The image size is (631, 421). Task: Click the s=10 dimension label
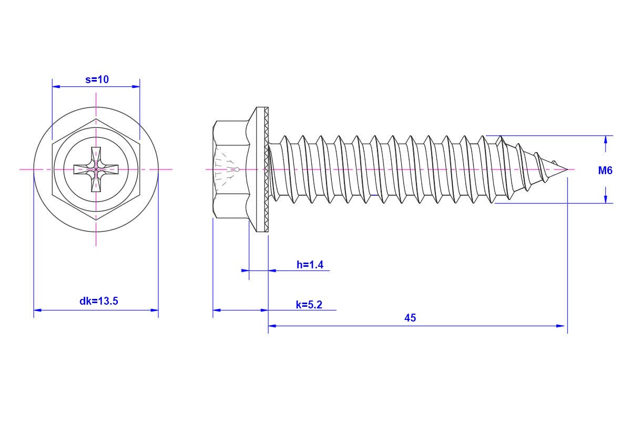tap(97, 79)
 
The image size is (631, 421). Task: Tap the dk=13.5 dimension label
tap(99, 301)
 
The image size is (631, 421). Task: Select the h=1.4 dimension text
tap(310, 265)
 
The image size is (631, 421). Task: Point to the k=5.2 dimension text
tap(309, 305)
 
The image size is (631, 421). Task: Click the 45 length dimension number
tap(410, 318)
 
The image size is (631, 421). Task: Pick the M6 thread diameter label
tap(605, 171)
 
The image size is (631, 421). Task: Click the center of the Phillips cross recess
tap(96, 169)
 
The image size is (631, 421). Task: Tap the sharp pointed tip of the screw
tap(567, 169)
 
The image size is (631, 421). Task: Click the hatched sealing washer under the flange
tap(266, 169)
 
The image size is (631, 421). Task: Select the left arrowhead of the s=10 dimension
tap(56, 87)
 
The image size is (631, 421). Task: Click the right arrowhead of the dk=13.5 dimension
tap(155, 310)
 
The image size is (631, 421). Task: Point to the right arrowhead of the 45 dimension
tap(561, 326)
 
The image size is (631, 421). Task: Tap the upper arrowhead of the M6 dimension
tap(605, 139)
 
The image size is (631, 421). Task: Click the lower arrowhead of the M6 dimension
tap(605, 199)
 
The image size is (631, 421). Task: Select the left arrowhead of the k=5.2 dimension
tap(217, 310)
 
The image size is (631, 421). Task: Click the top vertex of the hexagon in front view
tap(96, 119)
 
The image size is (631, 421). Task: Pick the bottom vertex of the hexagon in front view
tap(96, 220)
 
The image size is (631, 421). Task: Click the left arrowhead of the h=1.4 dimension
tap(245, 270)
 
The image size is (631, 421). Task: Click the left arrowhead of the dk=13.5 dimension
tap(37, 310)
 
